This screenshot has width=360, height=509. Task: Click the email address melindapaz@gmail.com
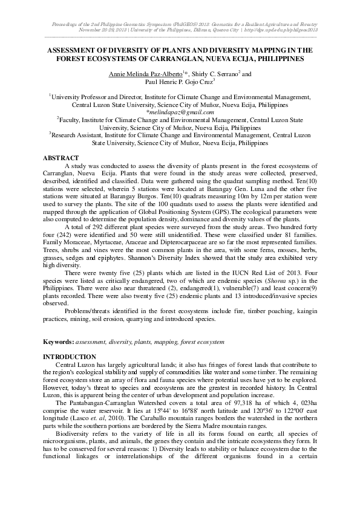click(x=181, y=112)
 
